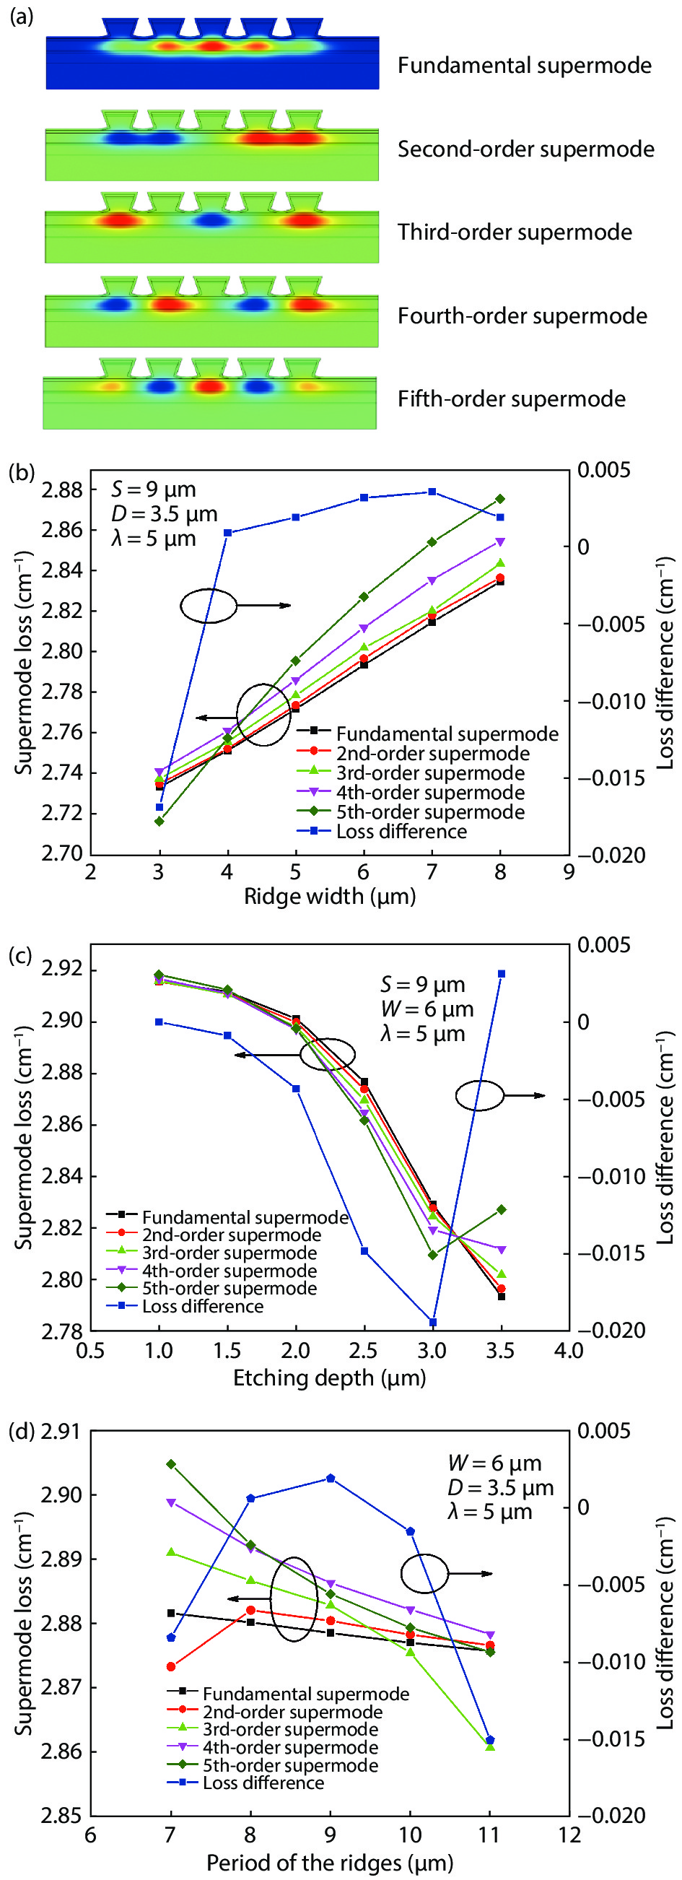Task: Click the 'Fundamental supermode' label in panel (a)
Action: tap(524, 66)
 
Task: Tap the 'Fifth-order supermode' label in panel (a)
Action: tap(510, 399)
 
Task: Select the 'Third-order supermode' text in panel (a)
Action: tap(515, 232)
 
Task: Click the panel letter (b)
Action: tap(21, 472)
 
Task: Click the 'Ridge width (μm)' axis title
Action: tap(330, 896)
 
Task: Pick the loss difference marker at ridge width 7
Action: tap(432, 492)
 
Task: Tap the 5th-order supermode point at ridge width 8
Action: tap(500, 499)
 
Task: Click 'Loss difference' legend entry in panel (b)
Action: tap(401, 832)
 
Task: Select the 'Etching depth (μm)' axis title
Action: tap(330, 1378)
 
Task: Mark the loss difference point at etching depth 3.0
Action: tap(432, 1323)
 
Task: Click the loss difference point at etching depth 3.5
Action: tap(501, 975)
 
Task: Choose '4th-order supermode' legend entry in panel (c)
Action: tap(229, 1271)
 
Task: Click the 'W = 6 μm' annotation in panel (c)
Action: tap(427, 1009)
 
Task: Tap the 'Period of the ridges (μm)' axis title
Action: tap(330, 1863)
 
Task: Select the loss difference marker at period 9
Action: tap(331, 1479)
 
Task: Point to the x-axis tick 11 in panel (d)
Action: tap(489, 1835)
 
